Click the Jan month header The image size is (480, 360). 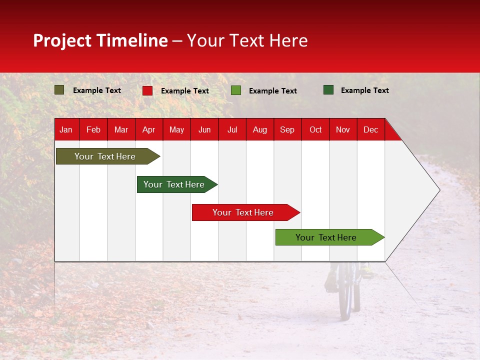coord(66,129)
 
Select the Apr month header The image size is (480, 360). coord(148,129)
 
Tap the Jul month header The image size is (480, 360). coord(232,129)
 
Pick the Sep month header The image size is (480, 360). coord(287,129)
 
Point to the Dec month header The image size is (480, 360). coord(370,129)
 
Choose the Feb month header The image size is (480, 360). coord(93,129)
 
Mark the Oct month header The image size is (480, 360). coord(315,129)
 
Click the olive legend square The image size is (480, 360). coord(59,90)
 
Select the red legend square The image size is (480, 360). coord(147,90)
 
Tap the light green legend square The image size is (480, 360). coord(236,90)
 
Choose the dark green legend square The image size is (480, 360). coord(328,90)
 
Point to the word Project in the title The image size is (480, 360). coord(62,41)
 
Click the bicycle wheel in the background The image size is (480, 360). coord(345,295)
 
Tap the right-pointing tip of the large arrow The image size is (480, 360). coord(438,190)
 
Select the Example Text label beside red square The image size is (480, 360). coord(185,91)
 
